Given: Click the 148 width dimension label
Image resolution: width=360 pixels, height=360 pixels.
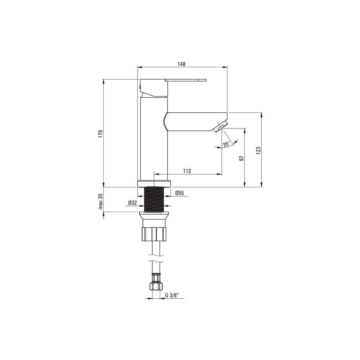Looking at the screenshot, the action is point(181,64).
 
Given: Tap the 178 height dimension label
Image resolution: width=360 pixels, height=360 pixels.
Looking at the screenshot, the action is point(100,134).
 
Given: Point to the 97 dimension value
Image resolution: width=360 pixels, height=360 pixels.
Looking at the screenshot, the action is point(241,158).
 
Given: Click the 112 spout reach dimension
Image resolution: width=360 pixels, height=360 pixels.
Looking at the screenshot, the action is point(187,171).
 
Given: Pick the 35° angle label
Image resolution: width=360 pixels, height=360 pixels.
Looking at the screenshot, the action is point(226,144).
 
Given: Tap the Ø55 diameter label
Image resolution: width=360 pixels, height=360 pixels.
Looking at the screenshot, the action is point(179,193).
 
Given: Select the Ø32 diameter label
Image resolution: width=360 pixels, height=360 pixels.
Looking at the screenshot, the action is point(132,203).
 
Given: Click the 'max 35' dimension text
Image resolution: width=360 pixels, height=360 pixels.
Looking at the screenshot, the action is point(100,201).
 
